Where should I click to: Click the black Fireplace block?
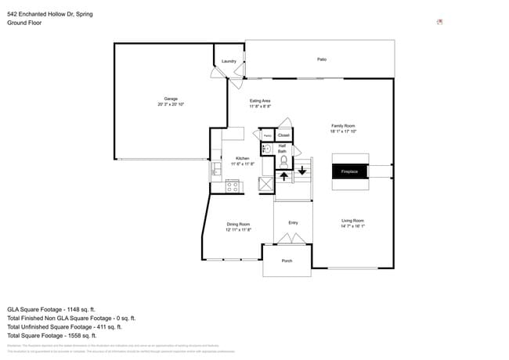click(x=349, y=171)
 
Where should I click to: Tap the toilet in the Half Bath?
click(x=283, y=162)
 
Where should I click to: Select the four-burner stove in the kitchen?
click(x=233, y=186)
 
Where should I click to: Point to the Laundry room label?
click(x=229, y=61)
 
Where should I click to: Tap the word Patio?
click(x=321, y=59)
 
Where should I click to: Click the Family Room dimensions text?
click(x=343, y=131)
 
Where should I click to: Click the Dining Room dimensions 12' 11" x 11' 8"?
click(x=238, y=230)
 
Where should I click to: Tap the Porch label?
click(x=287, y=261)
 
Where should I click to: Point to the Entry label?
click(x=293, y=223)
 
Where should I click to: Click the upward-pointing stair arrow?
click(x=283, y=175)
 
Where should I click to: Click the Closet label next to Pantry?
click(x=283, y=135)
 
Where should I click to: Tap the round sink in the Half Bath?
click(x=265, y=149)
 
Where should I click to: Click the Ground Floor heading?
click(x=24, y=23)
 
